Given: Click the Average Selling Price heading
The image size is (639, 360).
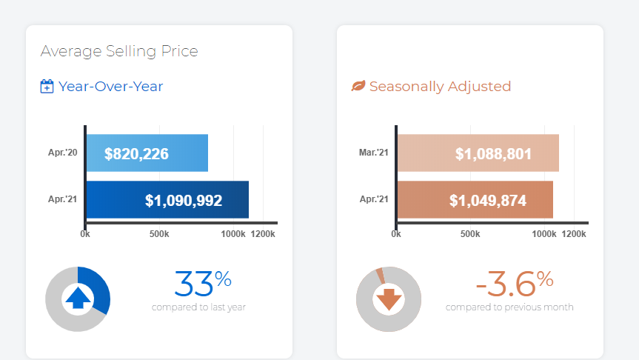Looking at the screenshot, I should (119, 51).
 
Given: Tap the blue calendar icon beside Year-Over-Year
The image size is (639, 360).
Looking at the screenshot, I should (47, 87).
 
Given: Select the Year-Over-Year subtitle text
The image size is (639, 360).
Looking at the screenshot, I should (111, 87).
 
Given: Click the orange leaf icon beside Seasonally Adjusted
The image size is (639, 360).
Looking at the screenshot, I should (358, 87).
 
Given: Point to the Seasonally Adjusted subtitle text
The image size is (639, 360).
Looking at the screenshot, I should (440, 87).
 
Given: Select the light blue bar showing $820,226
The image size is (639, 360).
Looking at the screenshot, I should (147, 154).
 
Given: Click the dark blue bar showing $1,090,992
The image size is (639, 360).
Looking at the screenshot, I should (167, 200).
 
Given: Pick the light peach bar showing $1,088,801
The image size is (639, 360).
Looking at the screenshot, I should (478, 154).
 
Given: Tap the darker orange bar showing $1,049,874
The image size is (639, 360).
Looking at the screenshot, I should (475, 200).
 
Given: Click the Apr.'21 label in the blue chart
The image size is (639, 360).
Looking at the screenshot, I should (63, 200).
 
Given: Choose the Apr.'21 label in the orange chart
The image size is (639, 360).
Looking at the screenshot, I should (374, 200).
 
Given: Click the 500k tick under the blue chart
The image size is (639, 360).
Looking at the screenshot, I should (159, 234).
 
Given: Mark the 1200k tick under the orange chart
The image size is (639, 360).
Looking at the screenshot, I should (574, 234).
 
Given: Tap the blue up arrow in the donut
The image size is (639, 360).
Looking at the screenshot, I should (78, 299).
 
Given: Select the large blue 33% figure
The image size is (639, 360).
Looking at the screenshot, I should (203, 283).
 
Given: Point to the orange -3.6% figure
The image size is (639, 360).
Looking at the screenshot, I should (514, 283).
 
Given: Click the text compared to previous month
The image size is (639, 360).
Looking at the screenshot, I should (509, 307).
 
